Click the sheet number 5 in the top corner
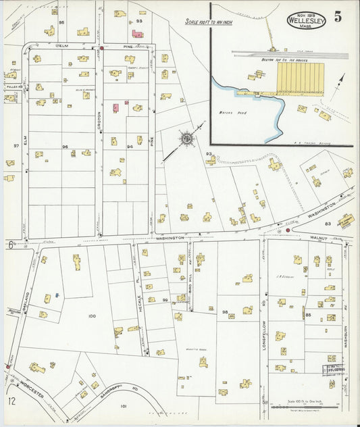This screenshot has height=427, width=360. pyautogui.click(x=337, y=16)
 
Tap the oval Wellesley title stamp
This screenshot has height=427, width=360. pyautogui.click(x=305, y=20)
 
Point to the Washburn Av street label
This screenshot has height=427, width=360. pyautogui.click(x=344, y=331)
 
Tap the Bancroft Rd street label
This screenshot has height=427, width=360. pyautogui.click(x=126, y=388)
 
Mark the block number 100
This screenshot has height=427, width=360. pyautogui.click(x=92, y=316)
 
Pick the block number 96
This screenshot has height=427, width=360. pyautogui.click(x=66, y=147)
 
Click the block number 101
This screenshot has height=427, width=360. pyautogui.click(x=123, y=406)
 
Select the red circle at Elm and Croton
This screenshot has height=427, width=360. pyautogui.click(x=102, y=49)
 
